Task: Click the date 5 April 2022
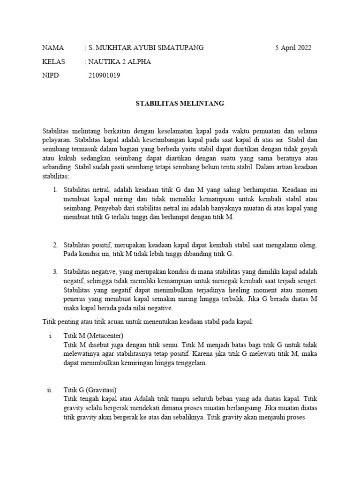(293, 48)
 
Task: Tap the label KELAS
(54, 61)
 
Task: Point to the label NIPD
(51, 75)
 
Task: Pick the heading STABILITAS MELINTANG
(180, 103)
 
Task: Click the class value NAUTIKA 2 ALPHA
(120, 61)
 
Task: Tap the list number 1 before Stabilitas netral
(55, 190)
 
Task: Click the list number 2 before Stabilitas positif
(55, 245)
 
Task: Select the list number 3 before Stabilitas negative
(55, 272)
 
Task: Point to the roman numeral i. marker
(50, 336)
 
